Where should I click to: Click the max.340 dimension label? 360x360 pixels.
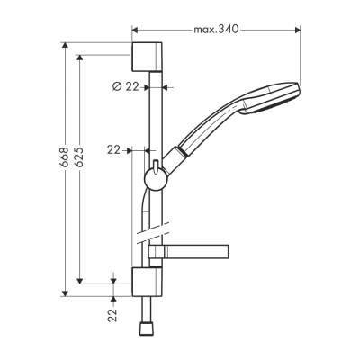point(216,29)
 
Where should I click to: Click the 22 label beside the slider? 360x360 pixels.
point(113,149)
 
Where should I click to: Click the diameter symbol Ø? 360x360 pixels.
point(117,86)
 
